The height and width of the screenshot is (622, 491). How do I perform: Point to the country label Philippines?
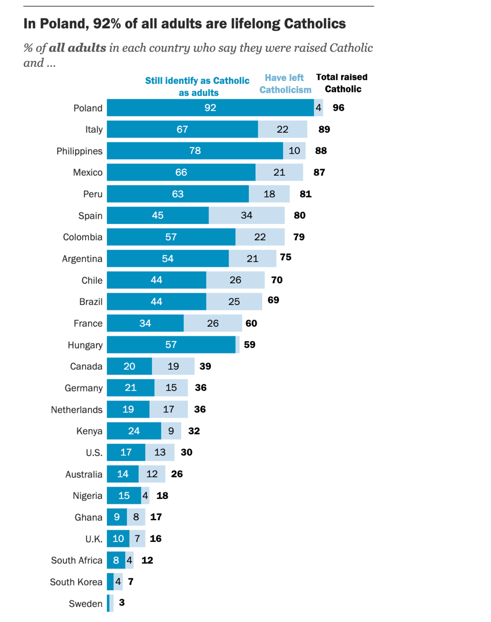79,151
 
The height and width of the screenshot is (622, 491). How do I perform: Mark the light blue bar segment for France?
213,323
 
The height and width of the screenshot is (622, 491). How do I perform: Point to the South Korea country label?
76,582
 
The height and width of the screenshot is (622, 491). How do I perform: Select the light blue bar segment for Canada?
173,366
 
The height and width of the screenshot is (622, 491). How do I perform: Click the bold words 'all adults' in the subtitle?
77,48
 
